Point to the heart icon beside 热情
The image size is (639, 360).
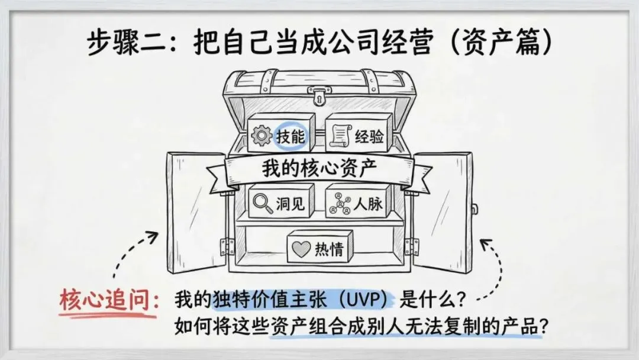(x=301, y=249)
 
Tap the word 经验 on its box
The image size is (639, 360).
(x=369, y=138)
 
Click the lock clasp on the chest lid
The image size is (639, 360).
(x=319, y=94)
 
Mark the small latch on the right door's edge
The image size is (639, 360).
(x=475, y=208)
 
